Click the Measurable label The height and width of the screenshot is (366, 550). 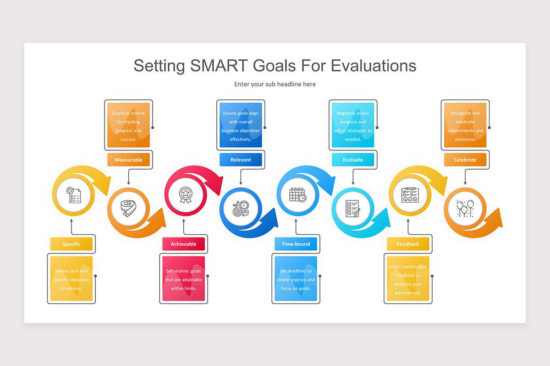point(128,160)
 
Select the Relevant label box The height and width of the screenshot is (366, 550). point(241,160)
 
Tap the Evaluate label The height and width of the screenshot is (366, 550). point(353,160)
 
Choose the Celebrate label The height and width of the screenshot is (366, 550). point(465,160)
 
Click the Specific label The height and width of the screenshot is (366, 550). point(71,244)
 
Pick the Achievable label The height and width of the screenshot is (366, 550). point(183,244)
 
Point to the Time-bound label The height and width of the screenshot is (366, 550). point(296,244)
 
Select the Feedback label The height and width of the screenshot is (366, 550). point(408,244)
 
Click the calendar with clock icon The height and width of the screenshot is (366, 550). point(297,194)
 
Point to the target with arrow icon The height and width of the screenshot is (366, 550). point(240,209)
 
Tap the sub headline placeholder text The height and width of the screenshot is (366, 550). point(275,84)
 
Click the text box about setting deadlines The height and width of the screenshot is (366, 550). point(296,280)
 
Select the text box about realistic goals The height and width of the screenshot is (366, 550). point(183,280)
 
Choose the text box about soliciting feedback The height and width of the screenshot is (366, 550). point(408,280)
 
